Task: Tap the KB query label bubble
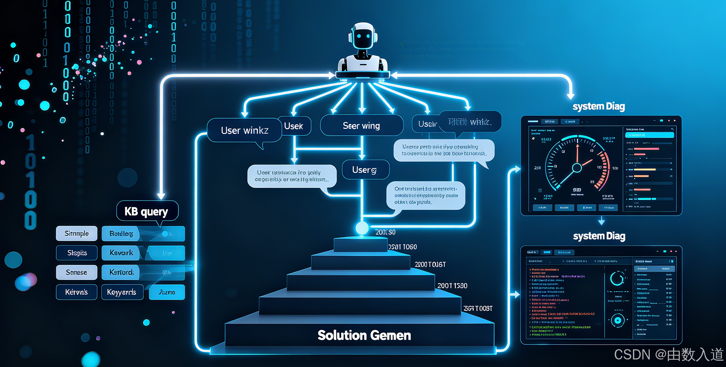tap(147, 211)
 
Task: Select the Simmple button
tap(77, 233)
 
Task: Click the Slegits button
tap(77, 253)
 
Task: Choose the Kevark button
tap(121, 253)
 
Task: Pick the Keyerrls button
tap(122, 292)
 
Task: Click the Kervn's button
tap(76, 292)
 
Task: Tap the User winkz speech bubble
tap(244, 130)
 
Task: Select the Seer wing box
tap(361, 125)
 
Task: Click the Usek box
tap(294, 126)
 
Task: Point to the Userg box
tap(365, 170)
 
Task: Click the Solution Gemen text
tap(364, 335)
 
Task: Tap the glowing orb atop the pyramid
tap(362, 228)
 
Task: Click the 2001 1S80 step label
tap(452, 286)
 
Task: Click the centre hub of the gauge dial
tap(577, 168)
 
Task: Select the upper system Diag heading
tap(598, 107)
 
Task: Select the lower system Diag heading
tap(599, 236)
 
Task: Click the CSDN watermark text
tap(668, 355)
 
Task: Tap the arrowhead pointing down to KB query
tap(161, 196)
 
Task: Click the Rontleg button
tap(121, 234)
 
